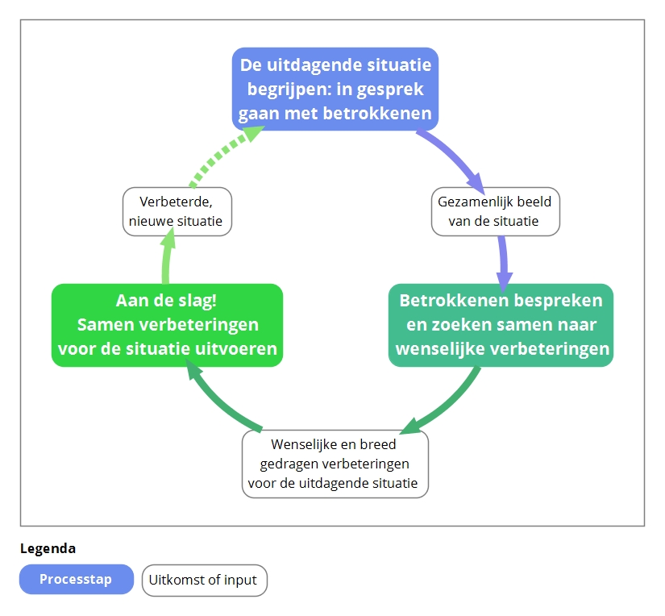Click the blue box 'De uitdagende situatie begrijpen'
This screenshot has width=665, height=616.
pos(335,89)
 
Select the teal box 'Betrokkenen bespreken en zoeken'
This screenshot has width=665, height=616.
pos(501,325)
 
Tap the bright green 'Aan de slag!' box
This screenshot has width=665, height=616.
pos(167,325)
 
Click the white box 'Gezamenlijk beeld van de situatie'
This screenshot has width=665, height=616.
pos(496,211)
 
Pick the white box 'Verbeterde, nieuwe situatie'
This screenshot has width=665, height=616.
pos(177,211)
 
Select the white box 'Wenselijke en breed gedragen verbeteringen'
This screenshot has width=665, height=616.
pos(335,464)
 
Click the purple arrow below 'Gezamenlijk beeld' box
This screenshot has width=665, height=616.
pos(504,262)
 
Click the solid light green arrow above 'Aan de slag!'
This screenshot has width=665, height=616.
pos(167,256)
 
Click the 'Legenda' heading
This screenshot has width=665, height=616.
pos(48,548)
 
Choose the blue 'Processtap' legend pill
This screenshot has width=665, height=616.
pos(77,579)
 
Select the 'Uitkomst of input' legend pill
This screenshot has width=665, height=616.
pos(205,580)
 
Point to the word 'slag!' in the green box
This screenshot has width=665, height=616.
pos(197,302)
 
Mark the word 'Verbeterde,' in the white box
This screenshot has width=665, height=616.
pos(176,202)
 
